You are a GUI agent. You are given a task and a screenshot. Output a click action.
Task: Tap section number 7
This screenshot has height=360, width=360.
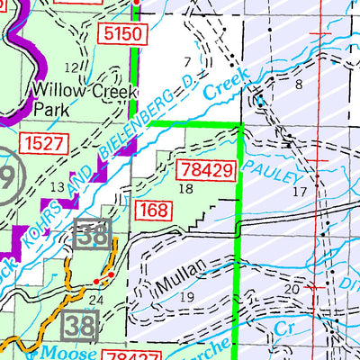click(x=186, y=61)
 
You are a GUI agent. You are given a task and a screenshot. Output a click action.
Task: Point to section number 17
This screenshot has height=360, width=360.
click(x=300, y=193)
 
